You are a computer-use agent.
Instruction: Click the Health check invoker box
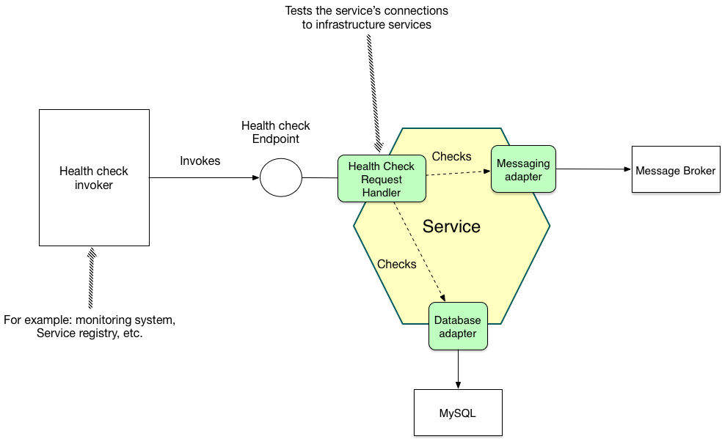94,177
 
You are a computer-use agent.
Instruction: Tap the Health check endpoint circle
281,177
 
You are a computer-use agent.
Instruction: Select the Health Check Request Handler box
382,179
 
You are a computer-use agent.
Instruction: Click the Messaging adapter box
523,169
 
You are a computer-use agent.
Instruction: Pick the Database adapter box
458,327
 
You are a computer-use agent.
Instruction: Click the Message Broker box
675,170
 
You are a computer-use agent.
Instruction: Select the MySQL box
458,413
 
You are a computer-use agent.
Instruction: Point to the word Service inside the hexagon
451,226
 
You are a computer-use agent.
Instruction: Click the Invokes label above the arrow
200,161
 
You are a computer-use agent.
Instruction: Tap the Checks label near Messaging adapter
451,157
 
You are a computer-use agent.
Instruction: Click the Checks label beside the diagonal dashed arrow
396,264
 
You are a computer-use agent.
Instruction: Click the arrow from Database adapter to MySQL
458,369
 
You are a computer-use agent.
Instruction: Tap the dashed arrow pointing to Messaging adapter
459,173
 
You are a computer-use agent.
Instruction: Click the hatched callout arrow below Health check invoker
91,278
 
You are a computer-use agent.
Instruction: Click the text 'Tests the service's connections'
366,11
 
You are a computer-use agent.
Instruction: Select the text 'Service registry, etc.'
90,333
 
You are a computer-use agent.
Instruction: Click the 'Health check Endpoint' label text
276,132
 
